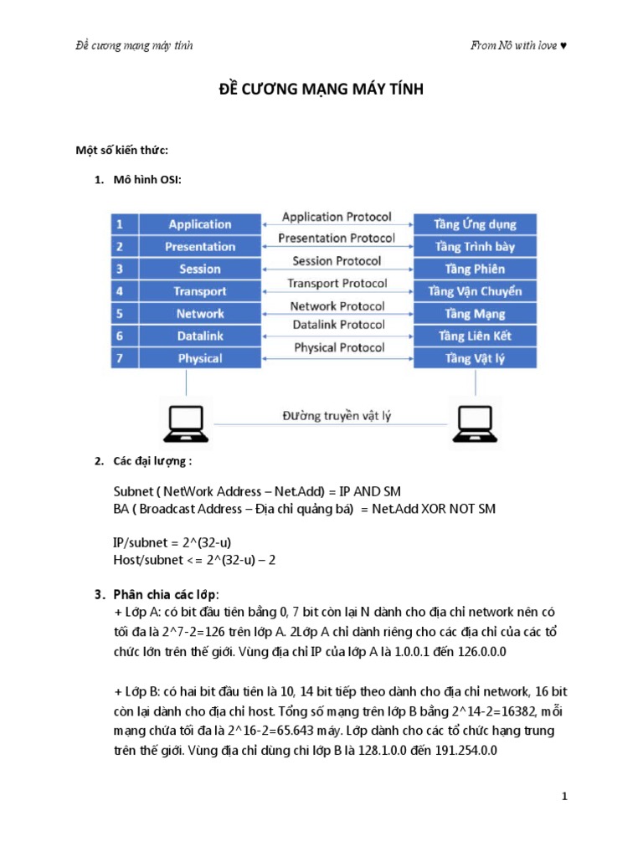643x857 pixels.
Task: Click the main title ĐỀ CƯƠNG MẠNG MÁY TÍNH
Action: click(x=321, y=90)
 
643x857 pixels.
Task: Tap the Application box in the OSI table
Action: click(x=199, y=224)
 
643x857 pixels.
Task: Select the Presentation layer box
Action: click(x=199, y=247)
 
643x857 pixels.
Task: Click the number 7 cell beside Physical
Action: click(x=121, y=358)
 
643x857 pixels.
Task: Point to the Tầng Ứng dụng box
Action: click(x=475, y=224)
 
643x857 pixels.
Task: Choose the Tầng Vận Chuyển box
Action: click(x=475, y=291)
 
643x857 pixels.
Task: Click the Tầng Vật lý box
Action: click(x=475, y=358)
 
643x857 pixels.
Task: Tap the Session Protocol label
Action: click(x=337, y=261)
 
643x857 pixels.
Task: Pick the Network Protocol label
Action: click(x=337, y=306)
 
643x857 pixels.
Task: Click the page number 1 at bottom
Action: click(x=565, y=796)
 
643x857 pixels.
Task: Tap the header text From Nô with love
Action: click(x=518, y=45)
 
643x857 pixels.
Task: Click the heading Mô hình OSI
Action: click(x=142, y=180)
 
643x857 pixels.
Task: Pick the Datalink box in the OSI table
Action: click(x=199, y=336)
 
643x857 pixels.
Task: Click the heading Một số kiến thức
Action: click(x=122, y=150)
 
